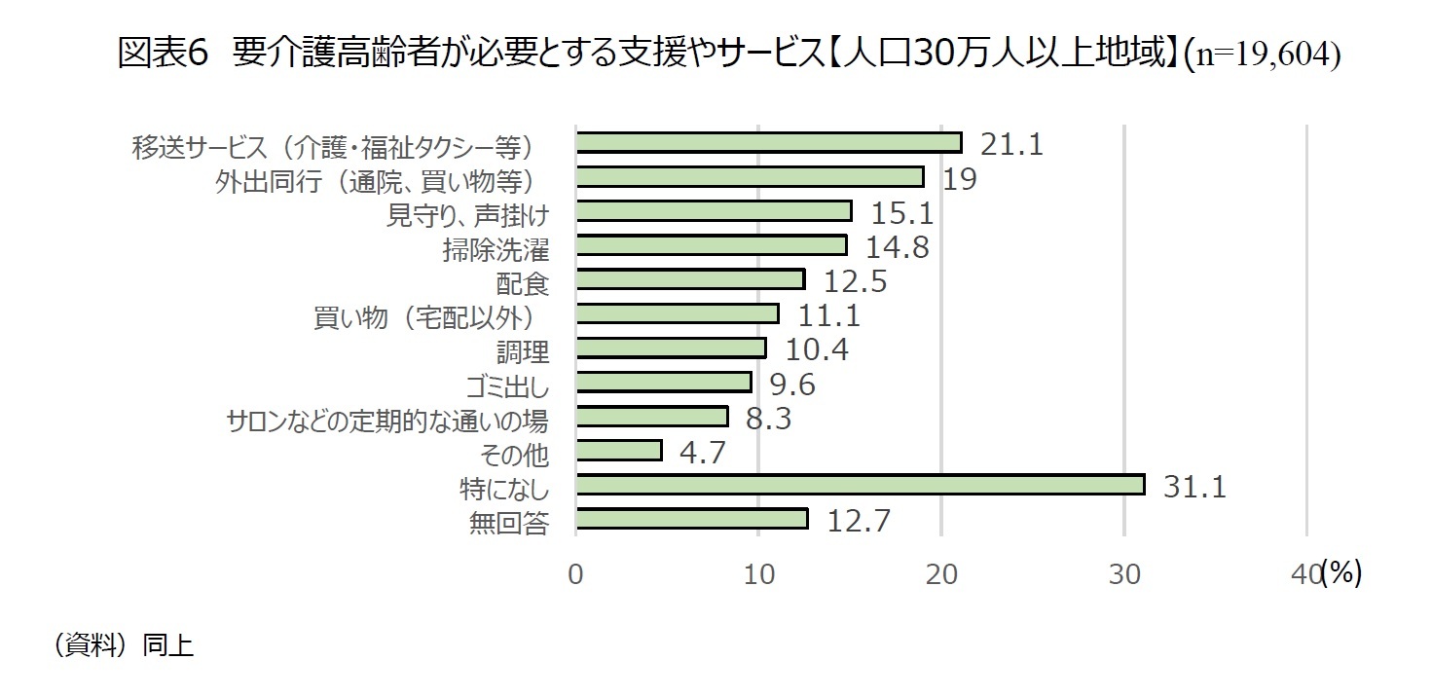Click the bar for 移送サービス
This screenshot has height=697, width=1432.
pos(768,143)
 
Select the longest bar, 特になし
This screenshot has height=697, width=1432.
pos(860,485)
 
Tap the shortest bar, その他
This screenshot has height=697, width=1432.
pos(618,451)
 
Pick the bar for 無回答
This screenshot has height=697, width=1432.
pos(691,519)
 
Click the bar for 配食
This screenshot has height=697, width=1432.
pos(690,280)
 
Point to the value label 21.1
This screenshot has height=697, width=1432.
pos(1011,145)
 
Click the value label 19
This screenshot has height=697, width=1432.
pos(960,179)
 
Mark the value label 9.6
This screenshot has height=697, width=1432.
pos(791,385)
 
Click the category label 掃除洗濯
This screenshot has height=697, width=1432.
pos(496,249)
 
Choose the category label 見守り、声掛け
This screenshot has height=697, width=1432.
pos(467,214)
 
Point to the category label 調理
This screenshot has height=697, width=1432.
pos(523,351)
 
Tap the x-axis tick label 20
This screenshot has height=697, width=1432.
pos(940,574)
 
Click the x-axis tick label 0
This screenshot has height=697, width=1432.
pos(575,574)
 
